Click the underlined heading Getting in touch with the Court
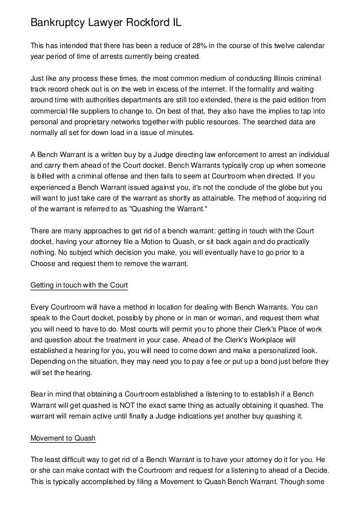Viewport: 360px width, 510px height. pyautogui.click(x=78, y=286)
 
